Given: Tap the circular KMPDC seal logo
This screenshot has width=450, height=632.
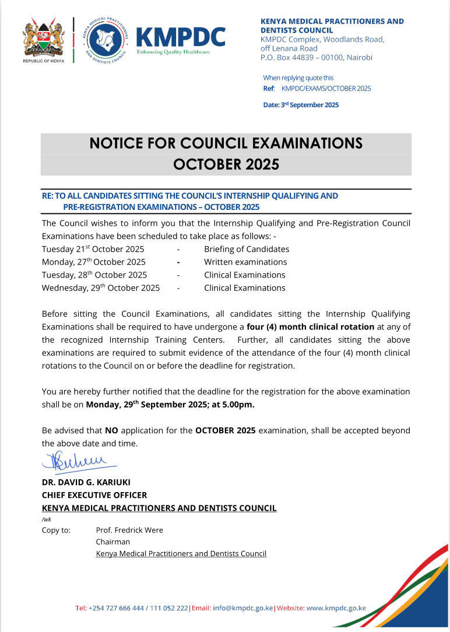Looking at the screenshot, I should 103,40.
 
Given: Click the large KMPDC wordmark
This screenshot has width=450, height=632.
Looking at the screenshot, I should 180,37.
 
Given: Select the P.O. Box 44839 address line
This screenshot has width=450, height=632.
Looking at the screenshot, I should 316,57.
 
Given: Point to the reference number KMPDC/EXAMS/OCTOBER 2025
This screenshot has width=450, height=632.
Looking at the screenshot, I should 326,89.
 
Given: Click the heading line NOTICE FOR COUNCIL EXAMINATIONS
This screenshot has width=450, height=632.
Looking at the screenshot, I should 226,143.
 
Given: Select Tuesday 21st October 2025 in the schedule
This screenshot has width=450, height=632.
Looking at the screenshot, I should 93,249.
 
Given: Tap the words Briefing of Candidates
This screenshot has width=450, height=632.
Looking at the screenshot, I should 247,249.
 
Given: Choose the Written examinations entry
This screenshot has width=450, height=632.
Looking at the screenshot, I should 245,262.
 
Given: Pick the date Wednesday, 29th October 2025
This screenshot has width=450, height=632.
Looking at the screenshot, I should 101,287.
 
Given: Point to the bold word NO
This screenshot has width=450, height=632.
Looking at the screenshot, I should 111,430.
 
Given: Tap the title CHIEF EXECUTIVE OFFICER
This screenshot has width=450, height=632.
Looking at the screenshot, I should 94,495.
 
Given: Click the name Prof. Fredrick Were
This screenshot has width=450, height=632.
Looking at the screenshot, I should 129,530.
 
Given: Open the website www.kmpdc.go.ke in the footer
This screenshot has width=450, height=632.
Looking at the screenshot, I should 336,608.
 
